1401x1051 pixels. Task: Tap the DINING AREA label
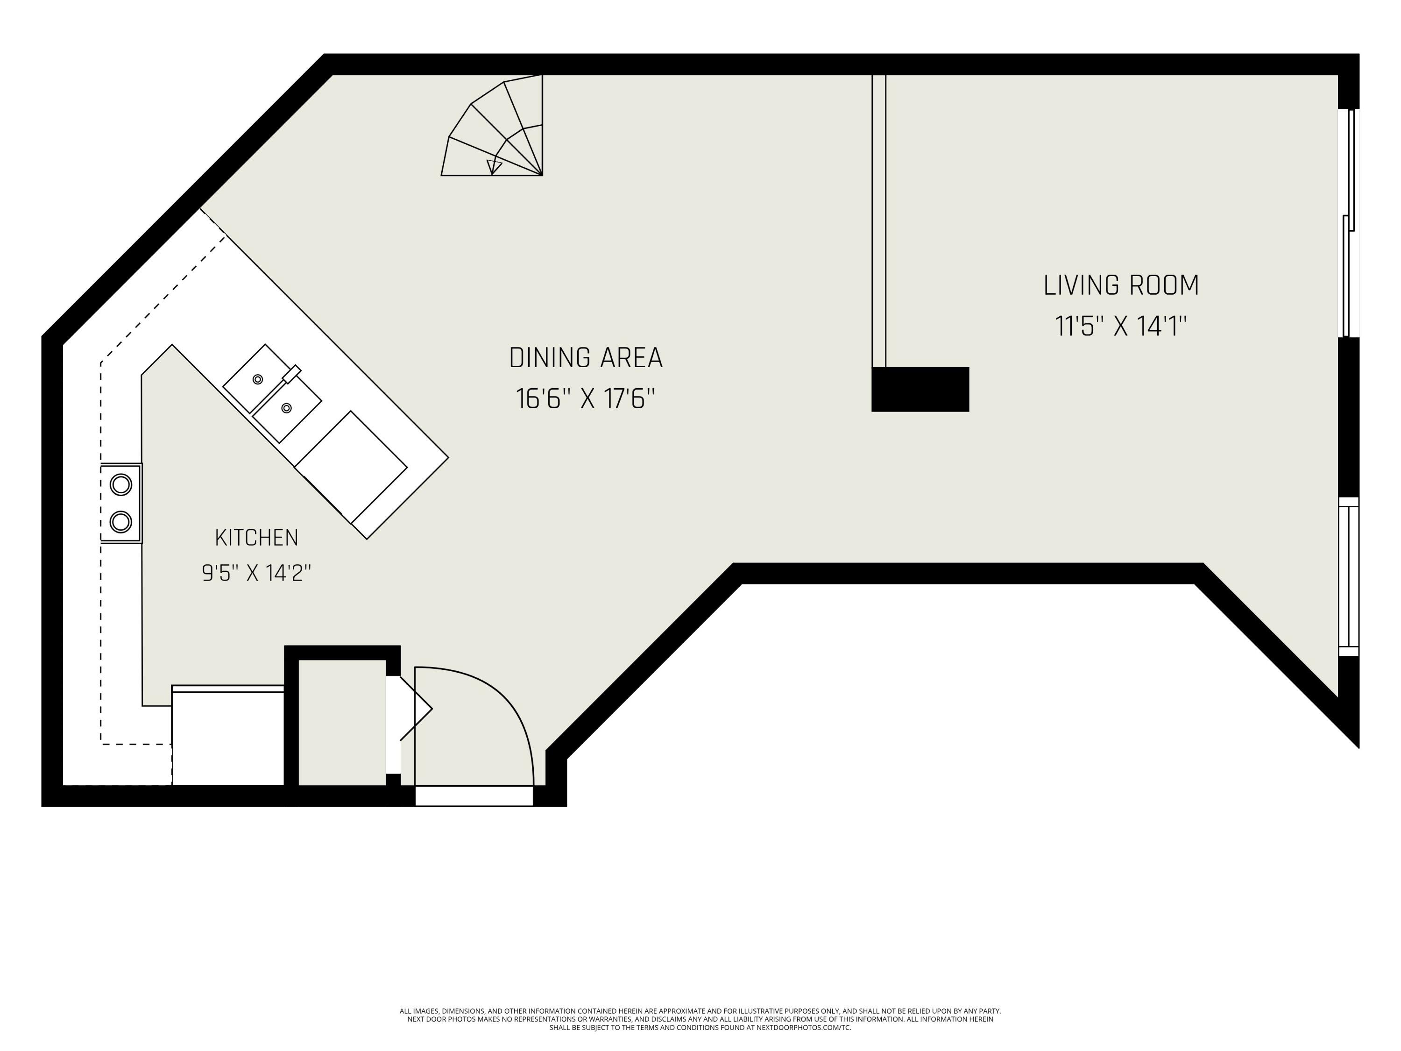click(586, 358)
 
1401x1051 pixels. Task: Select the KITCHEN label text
click(256, 538)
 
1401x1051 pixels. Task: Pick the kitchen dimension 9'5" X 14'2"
click(256, 573)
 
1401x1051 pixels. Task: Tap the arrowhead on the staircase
click(494, 167)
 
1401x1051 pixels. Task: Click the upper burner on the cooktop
click(121, 485)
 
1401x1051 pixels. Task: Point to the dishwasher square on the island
click(351, 467)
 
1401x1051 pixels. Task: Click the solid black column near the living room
click(920, 390)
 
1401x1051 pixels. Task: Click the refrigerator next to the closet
click(228, 736)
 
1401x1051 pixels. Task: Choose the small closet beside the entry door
click(342, 722)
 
